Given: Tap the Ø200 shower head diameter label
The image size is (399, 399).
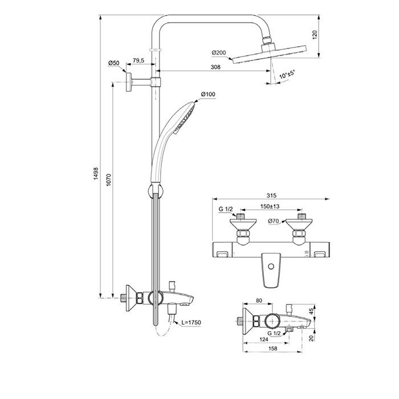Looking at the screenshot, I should click(x=219, y=53).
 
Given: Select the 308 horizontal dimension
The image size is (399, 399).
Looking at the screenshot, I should click(x=215, y=67).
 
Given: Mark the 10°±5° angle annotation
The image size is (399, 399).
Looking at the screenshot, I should click(x=288, y=75).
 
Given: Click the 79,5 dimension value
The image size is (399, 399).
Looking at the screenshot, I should click(x=139, y=60).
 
